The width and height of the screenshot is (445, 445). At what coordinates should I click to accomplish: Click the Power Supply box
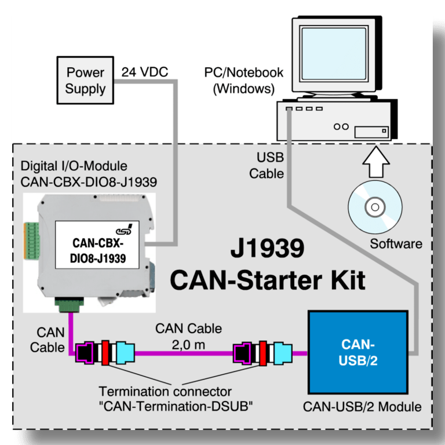coord(85,81)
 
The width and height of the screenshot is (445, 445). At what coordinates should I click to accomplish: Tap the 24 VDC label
coord(145,73)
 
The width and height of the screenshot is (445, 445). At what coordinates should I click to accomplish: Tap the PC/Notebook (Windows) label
coord(243,81)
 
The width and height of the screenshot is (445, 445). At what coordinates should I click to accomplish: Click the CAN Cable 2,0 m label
coord(188,335)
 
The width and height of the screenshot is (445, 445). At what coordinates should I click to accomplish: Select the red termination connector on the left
coord(105,352)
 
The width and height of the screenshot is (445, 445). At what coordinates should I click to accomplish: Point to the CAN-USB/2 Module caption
coord(362,407)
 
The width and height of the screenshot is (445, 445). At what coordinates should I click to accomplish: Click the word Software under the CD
coord(396,243)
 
